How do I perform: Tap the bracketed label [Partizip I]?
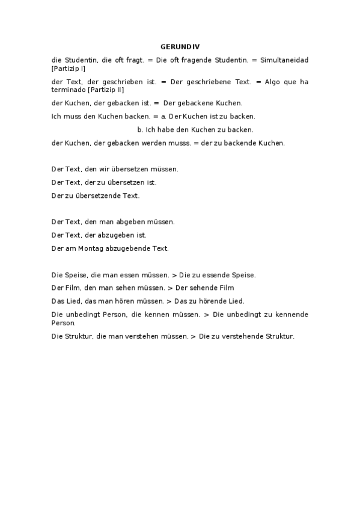point(69,69)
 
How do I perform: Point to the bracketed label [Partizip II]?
point(106,90)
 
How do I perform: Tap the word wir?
point(103,169)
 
